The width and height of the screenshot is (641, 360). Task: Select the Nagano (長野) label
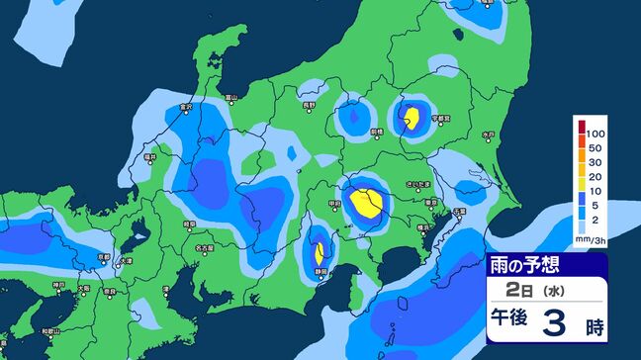[310, 104]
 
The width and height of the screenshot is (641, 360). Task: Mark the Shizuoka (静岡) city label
[319, 270]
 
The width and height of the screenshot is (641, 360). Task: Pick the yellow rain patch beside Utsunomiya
[412, 120]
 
